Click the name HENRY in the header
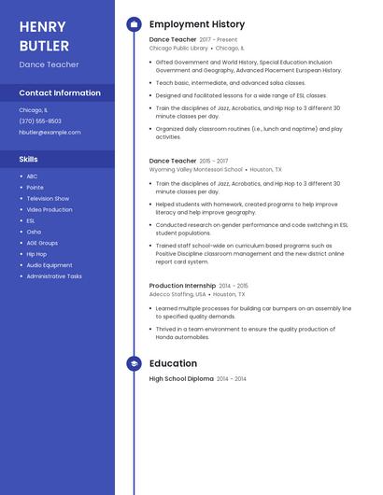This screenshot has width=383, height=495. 42,26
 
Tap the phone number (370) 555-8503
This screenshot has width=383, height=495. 40,120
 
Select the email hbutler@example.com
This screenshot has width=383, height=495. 50,132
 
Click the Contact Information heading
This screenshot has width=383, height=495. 60,93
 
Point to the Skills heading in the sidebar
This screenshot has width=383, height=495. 28,159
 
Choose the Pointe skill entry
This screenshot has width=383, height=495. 35,187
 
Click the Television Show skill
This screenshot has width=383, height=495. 48,198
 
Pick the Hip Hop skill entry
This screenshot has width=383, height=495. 36,254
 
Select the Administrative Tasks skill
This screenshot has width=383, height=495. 54,276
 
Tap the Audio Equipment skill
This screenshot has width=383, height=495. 50,265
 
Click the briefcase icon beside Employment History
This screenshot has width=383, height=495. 134,24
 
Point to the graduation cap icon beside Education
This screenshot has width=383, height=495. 134,363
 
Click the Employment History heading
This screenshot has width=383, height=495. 197,24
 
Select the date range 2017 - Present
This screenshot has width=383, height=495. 219,40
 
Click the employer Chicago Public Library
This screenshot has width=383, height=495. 178,48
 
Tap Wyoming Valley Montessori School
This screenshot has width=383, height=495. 195,170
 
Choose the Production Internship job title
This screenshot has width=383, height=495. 182,286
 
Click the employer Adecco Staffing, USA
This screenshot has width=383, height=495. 177,294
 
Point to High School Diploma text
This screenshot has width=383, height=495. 181,378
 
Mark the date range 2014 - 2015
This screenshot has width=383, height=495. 234,286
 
